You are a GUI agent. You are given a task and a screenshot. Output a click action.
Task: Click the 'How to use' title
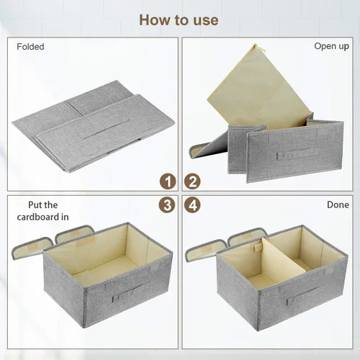point(179,20)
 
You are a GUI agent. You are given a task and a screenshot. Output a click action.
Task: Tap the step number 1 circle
point(168,181)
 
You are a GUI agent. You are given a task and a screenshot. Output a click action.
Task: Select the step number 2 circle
point(192,181)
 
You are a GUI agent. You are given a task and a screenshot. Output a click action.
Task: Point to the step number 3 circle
point(167,205)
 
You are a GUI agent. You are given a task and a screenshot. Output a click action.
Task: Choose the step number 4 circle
point(192,205)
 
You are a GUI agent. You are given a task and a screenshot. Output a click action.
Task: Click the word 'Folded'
point(30,47)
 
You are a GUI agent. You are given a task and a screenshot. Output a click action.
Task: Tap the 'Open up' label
point(332,46)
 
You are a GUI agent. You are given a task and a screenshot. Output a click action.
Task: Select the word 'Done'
point(338,204)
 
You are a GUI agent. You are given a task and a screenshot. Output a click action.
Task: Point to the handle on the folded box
point(105,130)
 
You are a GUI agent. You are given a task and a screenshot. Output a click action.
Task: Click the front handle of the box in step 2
point(297,154)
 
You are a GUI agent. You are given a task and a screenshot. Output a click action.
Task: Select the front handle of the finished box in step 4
point(304,296)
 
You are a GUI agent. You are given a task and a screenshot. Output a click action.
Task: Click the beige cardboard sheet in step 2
point(261,89)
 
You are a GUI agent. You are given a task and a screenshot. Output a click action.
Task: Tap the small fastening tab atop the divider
point(257,247)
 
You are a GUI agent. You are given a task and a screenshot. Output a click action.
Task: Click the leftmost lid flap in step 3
point(32,248)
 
